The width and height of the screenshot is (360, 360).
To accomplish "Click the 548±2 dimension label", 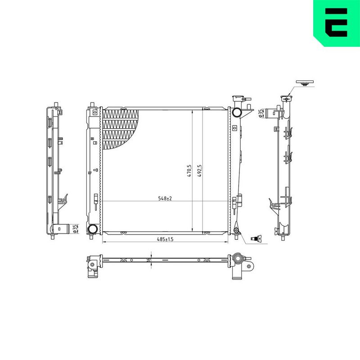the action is click(165, 198).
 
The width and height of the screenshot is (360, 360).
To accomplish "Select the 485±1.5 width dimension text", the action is click(165, 239).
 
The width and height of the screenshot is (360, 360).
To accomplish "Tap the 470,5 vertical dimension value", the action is click(189, 171).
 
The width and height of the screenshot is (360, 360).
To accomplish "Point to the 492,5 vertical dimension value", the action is click(199, 171).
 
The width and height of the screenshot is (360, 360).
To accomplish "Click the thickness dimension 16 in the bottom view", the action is click(148, 259).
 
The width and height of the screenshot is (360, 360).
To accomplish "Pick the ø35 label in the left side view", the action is click(75, 229).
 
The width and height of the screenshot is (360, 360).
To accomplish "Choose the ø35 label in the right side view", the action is click(261, 113).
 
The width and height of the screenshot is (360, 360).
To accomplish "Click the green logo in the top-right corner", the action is click(336, 23).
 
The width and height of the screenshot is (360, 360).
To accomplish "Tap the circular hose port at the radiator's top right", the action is click(236, 112).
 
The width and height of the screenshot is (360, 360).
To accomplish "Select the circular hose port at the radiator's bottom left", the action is click(93, 229).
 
